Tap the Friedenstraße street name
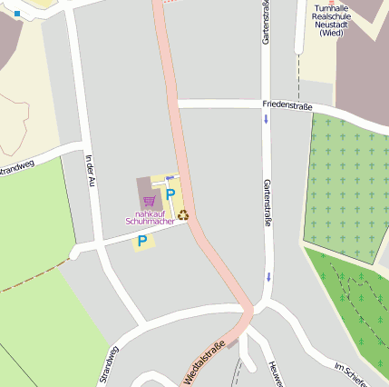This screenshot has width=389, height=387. (x=287, y=106)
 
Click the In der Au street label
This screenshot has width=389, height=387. (x=89, y=170)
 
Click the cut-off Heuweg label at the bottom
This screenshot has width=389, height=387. (x=276, y=373)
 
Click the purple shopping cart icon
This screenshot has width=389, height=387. (x=150, y=201)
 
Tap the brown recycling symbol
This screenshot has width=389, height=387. (x=183, y=215)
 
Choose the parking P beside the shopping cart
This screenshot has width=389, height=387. (x=170, y=194)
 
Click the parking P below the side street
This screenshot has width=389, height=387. (x=142, y=241)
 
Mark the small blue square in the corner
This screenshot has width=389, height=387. (x=16, y=15)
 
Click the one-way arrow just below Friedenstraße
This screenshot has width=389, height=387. (x=267, y=120)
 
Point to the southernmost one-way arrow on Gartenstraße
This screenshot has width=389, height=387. (x=268, y=275)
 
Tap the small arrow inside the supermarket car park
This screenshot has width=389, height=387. (x=170, y=178)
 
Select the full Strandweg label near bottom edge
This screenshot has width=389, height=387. (x=108, y=366)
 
